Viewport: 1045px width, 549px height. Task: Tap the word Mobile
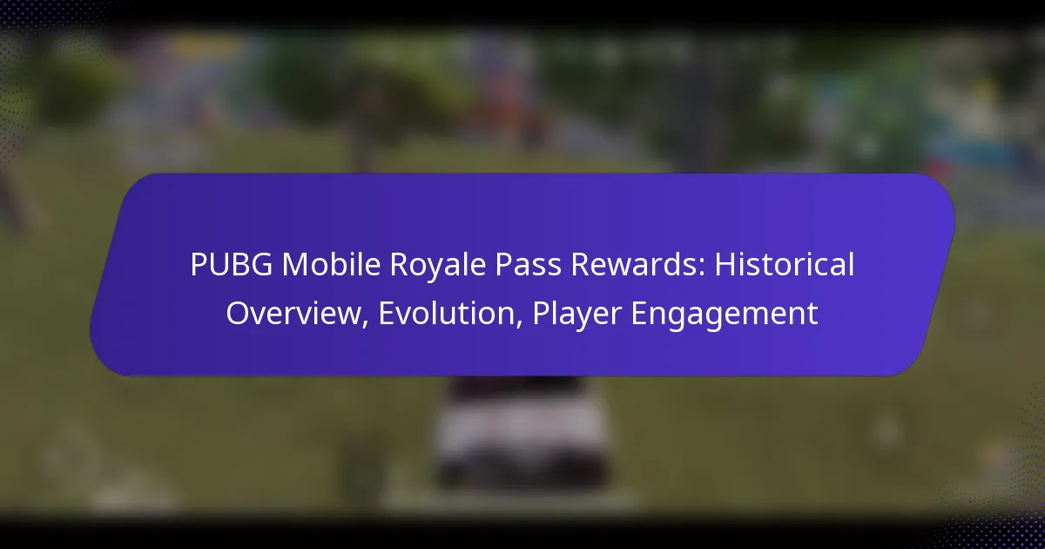pyautogui.click(x=311, y=266)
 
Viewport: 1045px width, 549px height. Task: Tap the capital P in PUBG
pyautogui.click(x=197, y=266)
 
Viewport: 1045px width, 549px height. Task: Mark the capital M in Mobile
pyautogui.click(x=278, y=266)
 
